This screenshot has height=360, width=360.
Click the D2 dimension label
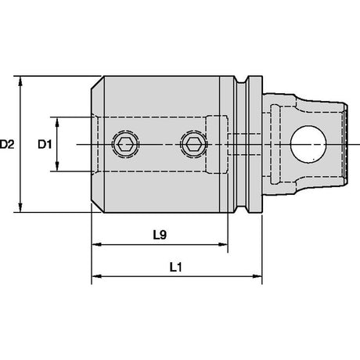tap(7, 144)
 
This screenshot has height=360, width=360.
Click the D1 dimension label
tap(45, 144)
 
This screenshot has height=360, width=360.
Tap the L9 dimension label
tap(160, 235)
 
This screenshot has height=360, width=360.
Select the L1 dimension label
tap(176, 267)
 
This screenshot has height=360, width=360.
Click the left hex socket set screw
tap(125, 144)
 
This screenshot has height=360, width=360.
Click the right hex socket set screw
tap(194, 144)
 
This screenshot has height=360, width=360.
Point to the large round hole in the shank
tap(308, 144)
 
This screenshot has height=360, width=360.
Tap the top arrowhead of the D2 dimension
tap(20, 81)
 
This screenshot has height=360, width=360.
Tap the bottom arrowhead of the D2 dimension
tap(20, 207)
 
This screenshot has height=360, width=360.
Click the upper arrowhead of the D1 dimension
tap(57, 122)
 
